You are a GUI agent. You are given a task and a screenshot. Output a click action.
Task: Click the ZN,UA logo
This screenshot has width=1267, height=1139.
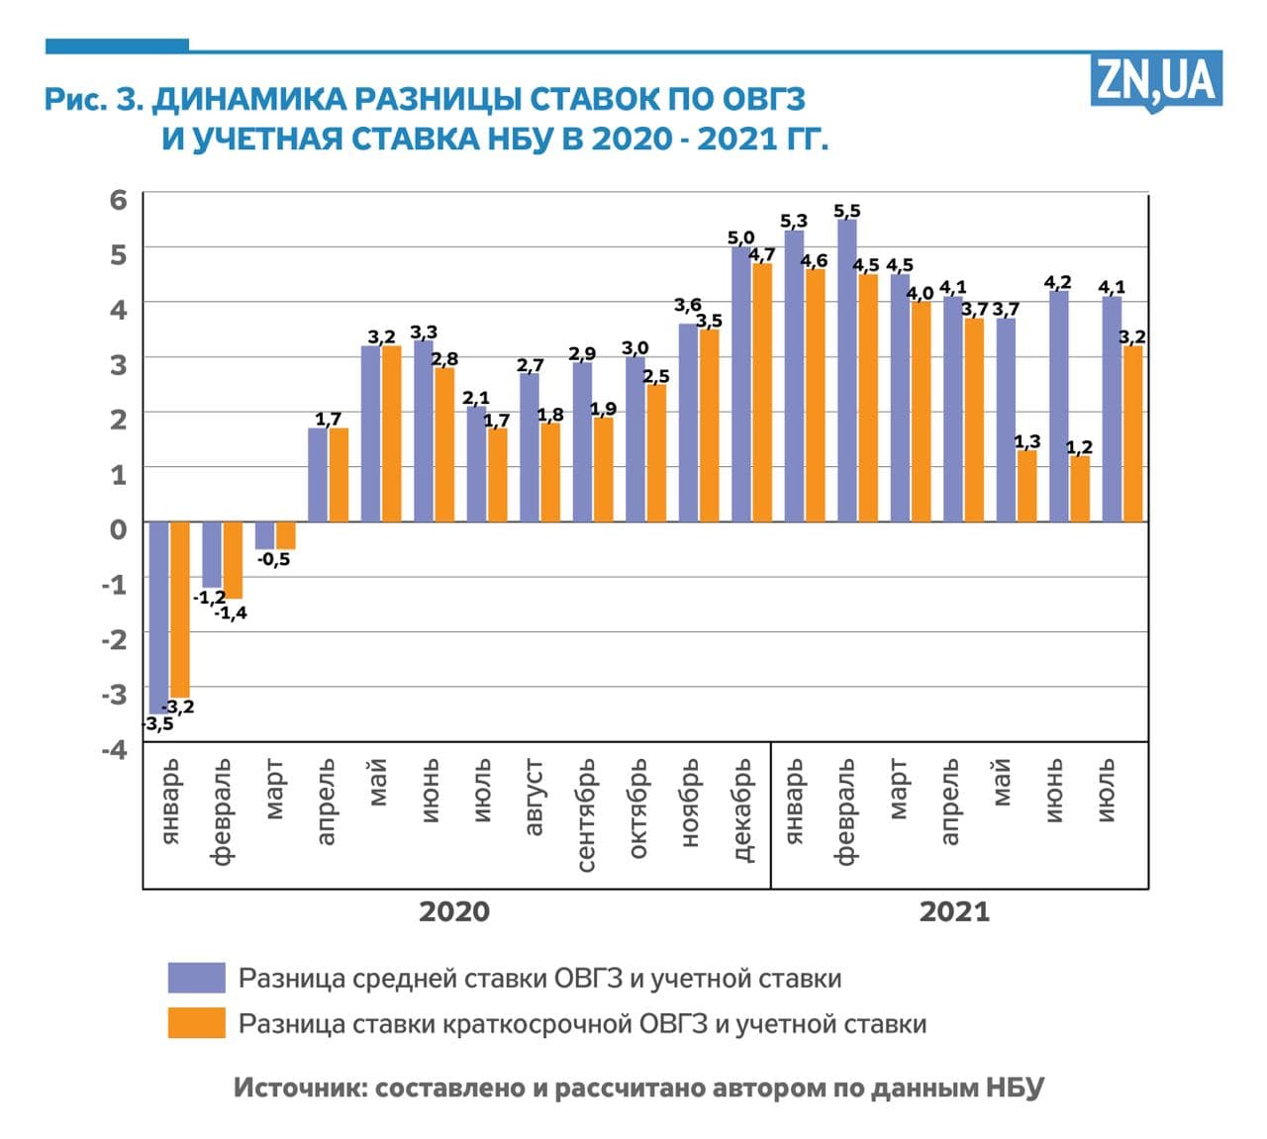pyautogui.click(x=1156, y=79)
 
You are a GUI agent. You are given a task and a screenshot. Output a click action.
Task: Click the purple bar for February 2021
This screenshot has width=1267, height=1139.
pyautogui.click(x=846, y=370)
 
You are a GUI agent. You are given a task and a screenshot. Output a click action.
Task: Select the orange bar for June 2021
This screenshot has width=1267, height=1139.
pyautogui.click(x=1079, y=489)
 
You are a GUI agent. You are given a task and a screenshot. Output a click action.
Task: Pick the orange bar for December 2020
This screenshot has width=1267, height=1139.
pyautogui.click(x=762, y=392)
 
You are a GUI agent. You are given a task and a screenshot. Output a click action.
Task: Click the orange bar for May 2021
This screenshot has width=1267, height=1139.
pyautogui.click(x=1026, y=486)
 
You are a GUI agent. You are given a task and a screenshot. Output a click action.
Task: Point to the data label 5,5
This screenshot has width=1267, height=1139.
pyautogui.click(x=847, y=211)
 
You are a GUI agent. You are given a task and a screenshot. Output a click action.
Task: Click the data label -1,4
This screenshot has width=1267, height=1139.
pyautogui.click(x=231, y=614)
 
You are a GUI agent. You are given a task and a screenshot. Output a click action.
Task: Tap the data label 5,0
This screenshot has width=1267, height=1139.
pyautogui.click(x=740, y=237)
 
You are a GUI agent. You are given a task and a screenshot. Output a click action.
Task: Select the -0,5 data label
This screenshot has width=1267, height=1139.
pyautogui.click(x=274, y=560)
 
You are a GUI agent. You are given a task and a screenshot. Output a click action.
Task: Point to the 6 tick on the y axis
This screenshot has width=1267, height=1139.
pyautogui.click(x=119, y=199)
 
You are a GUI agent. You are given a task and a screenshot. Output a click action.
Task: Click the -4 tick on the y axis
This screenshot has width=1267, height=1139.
pyautogui.click(x=115, y=749)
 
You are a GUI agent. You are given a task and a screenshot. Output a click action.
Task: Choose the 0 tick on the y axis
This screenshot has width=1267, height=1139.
pyautogui.click(x=119, y=528)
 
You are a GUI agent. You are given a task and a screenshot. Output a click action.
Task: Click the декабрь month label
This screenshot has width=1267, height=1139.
pyautogui.click(x=744, y=810)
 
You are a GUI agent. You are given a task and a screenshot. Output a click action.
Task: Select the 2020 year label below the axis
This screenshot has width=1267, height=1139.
pyautogui.click(x=453, y=911)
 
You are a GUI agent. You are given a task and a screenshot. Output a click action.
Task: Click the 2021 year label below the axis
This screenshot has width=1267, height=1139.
pyautogui.click(x=954, y=911)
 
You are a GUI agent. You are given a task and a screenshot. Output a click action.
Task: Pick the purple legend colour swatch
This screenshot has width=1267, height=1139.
pyautogui.click(x=196, y=978)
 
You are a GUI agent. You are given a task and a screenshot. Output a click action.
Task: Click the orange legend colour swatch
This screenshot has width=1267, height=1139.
pyautogui.click(x=196, y=1023)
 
